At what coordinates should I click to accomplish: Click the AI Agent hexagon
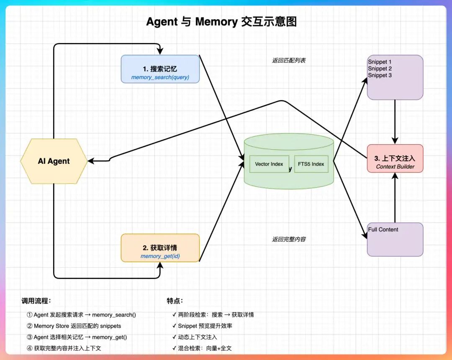tap(54, 161)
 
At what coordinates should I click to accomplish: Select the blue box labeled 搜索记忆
tap(160, 69)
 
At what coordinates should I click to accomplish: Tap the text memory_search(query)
tap(160, 77)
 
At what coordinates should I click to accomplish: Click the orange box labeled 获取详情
tap(160, 248)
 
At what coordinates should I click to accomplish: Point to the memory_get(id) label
tap(160, 256)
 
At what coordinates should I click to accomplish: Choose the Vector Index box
tap(269, 164)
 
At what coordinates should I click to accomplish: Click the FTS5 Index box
tap(311, 164)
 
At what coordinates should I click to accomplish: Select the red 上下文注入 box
tap(395, 158)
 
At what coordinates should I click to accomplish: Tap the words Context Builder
tap(395, 166)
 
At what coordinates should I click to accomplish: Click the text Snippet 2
tap(380, 69)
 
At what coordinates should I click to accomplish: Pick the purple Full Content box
tap(395, 239)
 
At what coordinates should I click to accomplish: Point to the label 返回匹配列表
tap(289, 60)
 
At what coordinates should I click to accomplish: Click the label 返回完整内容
tap(289, 239)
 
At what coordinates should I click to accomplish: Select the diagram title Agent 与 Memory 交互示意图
tap(221, 22)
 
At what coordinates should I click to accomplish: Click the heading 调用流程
tap(36, 301)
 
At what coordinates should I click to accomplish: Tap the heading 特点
tap(175, 301)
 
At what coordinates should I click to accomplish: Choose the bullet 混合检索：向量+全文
tap(205, 348)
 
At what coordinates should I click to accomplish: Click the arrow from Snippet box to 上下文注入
tap(395, 121)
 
